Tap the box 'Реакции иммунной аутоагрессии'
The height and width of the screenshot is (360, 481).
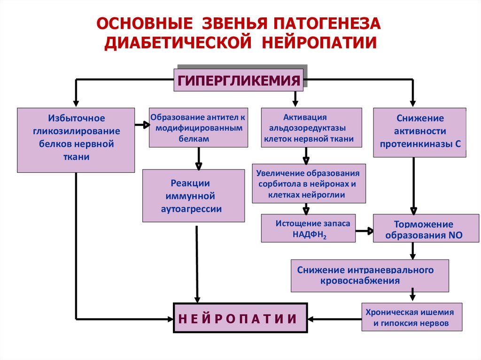[194, 196]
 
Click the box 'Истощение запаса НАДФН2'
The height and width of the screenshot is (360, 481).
[308, 229]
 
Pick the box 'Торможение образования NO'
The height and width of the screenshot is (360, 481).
[413, 229]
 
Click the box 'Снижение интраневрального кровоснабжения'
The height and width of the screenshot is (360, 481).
[370, 276]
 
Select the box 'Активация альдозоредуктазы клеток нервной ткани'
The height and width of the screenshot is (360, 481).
[311, 128]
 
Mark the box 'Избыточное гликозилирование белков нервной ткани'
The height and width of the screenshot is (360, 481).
[76, 139]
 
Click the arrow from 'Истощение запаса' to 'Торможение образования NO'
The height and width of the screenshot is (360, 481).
[364, 230]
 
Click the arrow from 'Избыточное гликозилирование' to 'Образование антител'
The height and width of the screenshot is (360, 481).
[141, 125]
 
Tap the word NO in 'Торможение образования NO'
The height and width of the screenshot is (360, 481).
[449, 235]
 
